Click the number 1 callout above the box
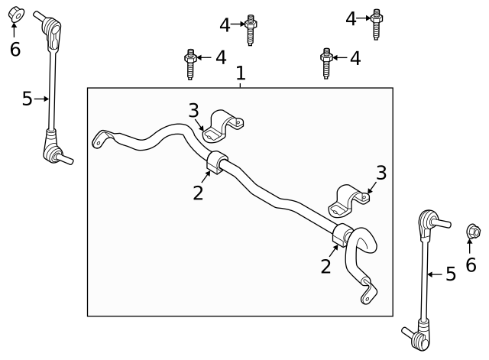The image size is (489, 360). click(241, 73)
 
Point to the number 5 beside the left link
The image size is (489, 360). click(28, 99)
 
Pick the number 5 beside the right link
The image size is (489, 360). click(451, 274)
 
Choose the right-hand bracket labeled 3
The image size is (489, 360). click(348, 201)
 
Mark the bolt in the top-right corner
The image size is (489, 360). click(376, 23)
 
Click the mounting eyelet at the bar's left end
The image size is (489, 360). click(99, 139)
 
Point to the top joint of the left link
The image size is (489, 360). click(54, 28)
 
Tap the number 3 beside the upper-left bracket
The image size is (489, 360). click(194, 111)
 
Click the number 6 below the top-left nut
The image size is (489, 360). click(15, 50)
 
